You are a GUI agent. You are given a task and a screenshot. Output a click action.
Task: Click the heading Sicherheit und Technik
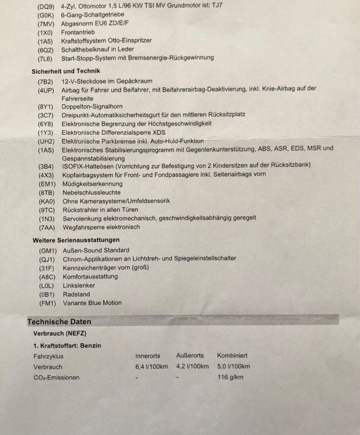pos(65,71)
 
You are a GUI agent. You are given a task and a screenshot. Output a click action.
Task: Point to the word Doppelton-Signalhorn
pos(92,106)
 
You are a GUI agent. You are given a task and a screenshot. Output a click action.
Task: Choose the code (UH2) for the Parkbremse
pos(46,140)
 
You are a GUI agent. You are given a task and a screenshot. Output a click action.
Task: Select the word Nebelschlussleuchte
pos(91,193)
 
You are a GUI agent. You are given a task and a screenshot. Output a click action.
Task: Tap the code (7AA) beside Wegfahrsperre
pos(46,227)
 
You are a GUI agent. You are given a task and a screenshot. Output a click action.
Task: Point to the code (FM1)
pos(48,303)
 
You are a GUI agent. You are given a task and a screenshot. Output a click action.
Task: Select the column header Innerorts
pos(148,356)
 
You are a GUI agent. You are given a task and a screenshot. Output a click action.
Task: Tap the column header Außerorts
pos(190,356)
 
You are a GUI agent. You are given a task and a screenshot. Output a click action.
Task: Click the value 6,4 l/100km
pos(152,366)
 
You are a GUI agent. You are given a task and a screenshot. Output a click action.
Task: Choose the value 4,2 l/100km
pos(192,366)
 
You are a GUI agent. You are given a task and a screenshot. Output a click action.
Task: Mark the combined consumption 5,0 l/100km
pos(234,366)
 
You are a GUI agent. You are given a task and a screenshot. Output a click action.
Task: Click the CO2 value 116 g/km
pos(230,377)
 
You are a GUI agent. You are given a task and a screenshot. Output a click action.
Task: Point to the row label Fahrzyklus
pos(48,356)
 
